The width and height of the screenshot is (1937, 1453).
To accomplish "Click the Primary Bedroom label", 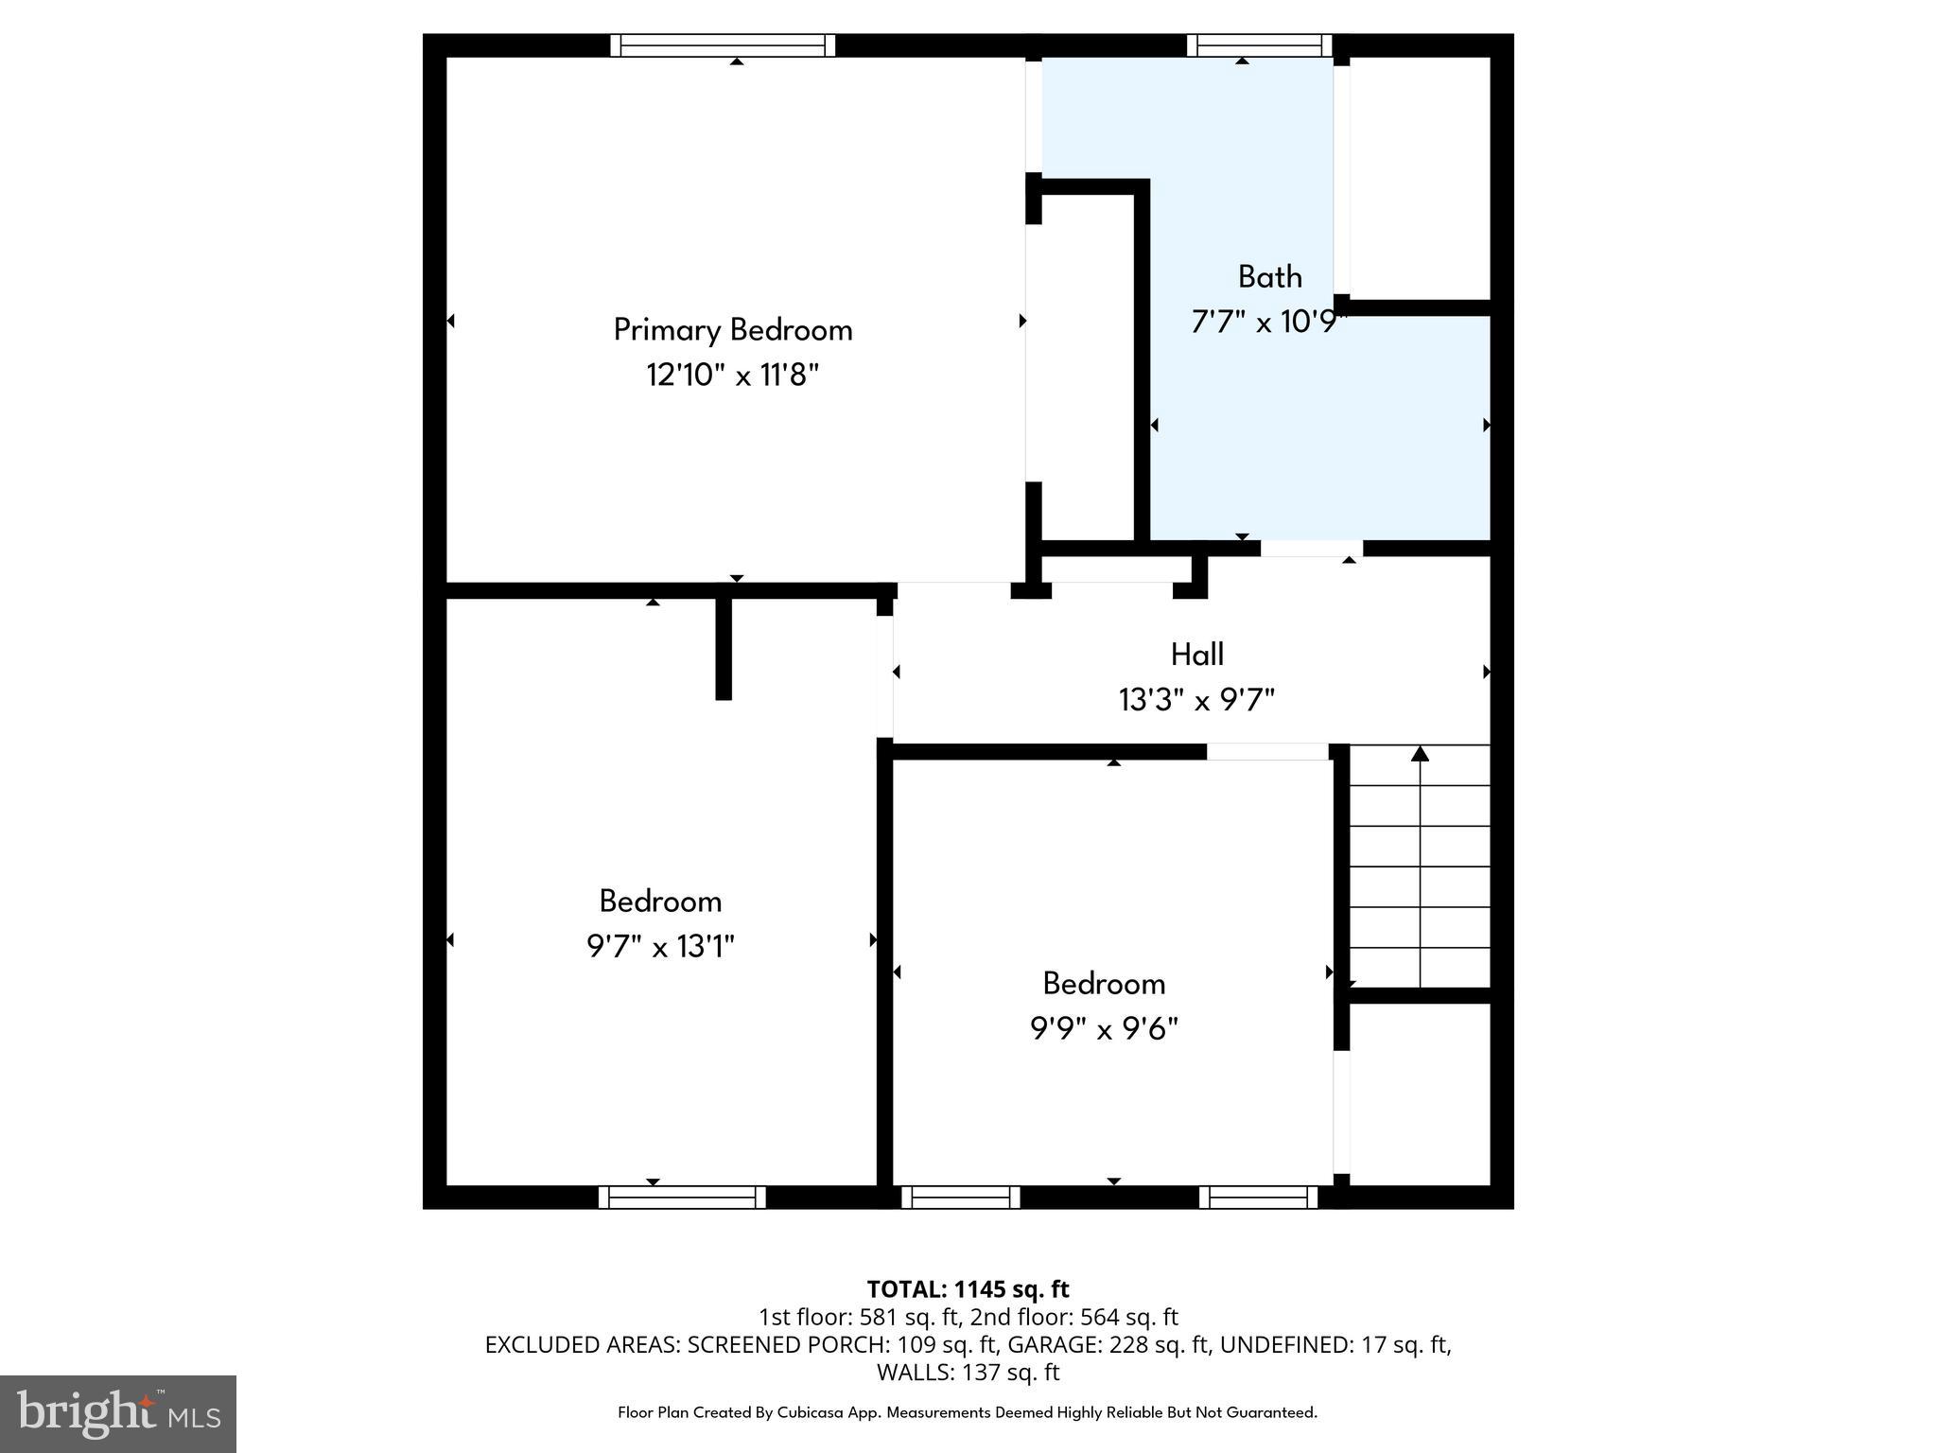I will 733,329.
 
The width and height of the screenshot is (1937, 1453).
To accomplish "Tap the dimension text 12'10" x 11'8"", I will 732,376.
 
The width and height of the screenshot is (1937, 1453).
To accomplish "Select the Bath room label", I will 1269,276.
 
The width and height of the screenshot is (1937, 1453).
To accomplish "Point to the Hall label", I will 1196,654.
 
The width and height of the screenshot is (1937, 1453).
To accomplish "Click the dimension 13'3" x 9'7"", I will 1196,700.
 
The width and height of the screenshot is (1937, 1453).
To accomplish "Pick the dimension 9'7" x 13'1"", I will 660,946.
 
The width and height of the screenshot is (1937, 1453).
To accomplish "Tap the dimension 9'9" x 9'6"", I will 1104,1028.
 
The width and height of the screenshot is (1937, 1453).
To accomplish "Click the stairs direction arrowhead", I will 1420,754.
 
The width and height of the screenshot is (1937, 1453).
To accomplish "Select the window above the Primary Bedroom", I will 723,45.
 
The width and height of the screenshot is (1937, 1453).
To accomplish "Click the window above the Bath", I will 1259,45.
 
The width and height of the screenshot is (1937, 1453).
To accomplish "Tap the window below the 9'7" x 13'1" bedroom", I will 682,1198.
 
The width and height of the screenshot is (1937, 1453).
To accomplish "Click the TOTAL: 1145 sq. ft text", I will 968,1289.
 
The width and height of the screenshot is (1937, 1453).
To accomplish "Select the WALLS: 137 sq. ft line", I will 968,1372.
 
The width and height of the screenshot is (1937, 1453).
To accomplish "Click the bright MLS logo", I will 118,1413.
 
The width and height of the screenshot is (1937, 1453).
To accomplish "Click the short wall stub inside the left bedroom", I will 724,648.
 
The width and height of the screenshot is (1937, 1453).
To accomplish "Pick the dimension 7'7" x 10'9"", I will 1267,323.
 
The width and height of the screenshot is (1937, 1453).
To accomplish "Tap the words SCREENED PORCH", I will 772,1344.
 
